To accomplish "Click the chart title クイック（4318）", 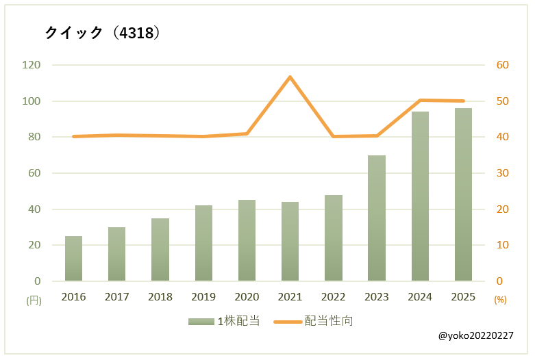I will (x=103, y=33).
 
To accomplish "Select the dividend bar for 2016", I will (x=73, y=259).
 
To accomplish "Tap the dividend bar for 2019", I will (x=203, y=243).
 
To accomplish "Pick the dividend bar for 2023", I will (x=377, y=218).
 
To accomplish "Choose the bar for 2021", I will (x=290, y=242).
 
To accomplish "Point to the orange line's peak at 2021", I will (x=290, y=77).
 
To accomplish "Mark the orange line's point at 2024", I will (x=420, y=100).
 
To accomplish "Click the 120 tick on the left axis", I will (x=32, y=65).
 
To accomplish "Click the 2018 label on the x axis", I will (x=160, y=297).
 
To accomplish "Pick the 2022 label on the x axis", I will (x=333, y=297).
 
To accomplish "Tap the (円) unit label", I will (x=34, y=300).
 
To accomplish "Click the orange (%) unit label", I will (x=500, y=300).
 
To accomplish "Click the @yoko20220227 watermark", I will (x=475, y=336).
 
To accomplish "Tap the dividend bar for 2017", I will (x=116, y=254).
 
